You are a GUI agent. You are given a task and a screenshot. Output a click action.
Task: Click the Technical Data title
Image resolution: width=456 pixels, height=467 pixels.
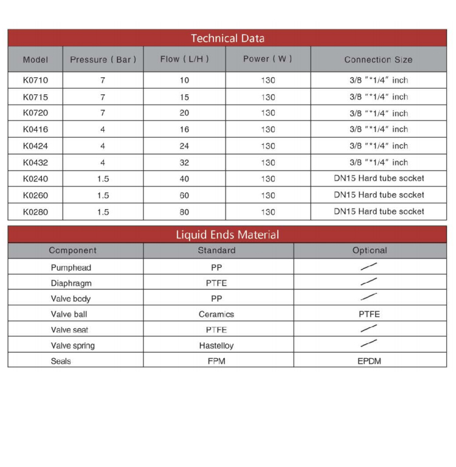point(227,38)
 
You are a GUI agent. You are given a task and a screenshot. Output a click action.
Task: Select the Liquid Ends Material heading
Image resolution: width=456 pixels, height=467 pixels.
point(227,235)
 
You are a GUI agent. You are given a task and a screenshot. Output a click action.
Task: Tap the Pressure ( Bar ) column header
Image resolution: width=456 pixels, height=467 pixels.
point(103,60)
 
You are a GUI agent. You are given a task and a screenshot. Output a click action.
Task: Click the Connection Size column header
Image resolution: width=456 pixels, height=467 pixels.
point(378,60)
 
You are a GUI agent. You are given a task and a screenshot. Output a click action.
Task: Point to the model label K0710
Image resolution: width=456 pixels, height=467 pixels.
point(35,80)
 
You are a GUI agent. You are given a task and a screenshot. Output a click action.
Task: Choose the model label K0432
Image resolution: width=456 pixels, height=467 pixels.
point(35,162)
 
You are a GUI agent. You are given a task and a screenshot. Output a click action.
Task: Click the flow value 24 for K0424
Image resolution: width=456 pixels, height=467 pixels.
point(184,146)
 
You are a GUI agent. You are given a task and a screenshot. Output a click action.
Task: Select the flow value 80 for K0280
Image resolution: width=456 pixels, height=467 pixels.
point(184,212)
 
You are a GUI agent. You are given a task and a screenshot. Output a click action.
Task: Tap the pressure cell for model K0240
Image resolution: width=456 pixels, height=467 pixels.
point(103,179)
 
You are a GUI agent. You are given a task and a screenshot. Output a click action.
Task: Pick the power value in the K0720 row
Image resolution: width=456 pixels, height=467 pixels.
point(268,113)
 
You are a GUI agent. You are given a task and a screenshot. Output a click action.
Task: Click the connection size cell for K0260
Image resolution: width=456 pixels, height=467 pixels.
point(379,195)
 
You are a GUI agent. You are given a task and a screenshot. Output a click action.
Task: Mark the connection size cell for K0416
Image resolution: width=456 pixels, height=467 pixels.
point(379,130)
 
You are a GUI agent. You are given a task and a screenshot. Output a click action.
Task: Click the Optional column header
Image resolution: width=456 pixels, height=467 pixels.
point(370,251)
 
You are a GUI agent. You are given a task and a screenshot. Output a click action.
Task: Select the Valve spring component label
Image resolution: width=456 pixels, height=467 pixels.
point(73,345)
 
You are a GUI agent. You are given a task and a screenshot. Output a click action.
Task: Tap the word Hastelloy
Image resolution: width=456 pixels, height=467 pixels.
point(216,345)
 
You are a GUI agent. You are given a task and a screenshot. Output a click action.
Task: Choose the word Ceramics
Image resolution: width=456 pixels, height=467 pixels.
point(216,314)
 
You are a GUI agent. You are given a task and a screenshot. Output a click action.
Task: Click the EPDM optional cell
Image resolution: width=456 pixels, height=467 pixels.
point(370,361)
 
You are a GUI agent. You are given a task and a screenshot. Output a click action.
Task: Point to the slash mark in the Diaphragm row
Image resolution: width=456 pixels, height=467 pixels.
point(369,282)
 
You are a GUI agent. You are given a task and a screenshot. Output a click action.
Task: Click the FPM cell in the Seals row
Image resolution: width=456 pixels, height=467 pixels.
point(216,361)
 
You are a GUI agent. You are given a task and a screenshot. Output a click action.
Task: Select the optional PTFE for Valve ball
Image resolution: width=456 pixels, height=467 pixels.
point(370,314)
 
